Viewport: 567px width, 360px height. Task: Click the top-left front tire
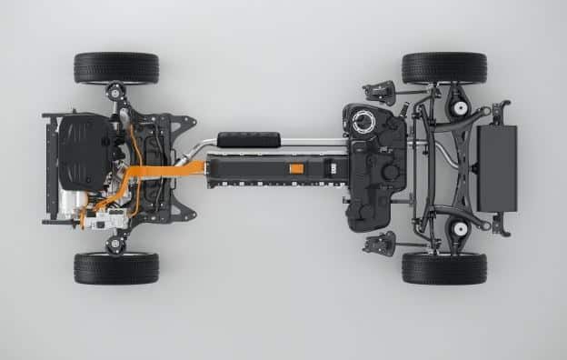116,67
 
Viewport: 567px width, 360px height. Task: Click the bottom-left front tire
116,268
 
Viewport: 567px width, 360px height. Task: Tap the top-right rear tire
443,67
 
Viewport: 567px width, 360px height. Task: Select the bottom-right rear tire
443,268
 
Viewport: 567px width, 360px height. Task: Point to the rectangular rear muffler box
496,167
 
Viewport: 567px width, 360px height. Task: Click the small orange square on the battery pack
296,168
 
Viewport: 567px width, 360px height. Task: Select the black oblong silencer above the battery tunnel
248,139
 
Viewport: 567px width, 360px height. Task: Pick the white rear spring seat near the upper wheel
461,108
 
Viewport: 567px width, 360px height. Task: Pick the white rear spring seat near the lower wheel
461,228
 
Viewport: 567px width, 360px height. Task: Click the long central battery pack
273,169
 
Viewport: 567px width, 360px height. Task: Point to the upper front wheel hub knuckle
115,92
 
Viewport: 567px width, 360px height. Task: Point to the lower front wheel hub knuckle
115,244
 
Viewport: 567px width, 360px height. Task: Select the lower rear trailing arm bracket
379,243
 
